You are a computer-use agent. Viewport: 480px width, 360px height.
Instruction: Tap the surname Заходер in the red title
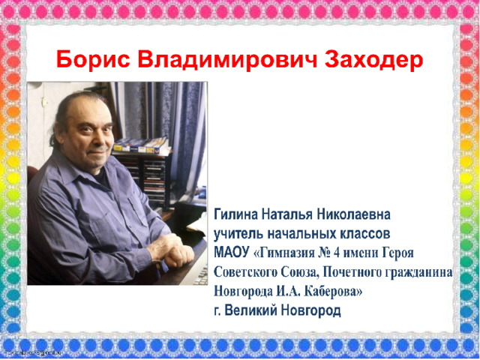tap(374, 60)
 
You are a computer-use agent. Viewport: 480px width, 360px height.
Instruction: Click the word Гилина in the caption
tap(235, 214)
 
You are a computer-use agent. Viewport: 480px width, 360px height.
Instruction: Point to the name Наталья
tap(287, 214)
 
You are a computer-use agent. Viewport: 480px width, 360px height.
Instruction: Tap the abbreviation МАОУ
tap(232, 253)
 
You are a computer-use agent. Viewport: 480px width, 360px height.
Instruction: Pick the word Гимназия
tap(284, 253)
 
